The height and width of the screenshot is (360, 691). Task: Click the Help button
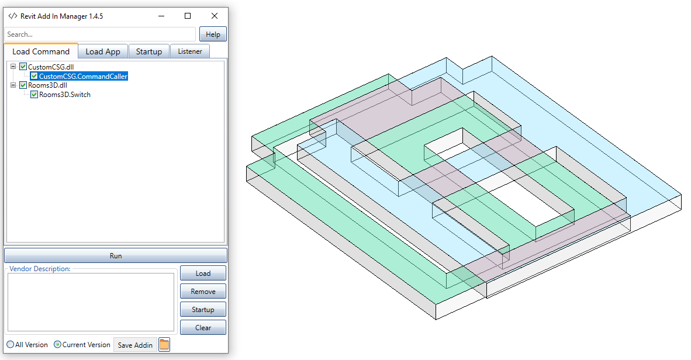pyautogui.click(x=213, y=34)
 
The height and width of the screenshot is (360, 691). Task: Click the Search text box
pyautogui.click(x=100, y=34)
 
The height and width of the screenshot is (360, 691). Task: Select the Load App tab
pyautogui.click(x=103, y=51)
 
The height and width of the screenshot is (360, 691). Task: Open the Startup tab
pyautogui.click(x=148, y=51)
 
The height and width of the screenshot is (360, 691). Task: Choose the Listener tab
pyautogui.click(x=190, y=51)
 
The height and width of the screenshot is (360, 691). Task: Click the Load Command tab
pyautogui.click(x=41, y=51)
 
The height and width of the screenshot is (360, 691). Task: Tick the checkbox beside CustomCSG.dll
pyautogui.click(x=23, y=67)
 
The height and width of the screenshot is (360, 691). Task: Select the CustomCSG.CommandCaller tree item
pyautogui.click(x=83, y=76)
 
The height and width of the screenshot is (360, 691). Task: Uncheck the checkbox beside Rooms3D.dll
pyautogui.click(x=23, y=85)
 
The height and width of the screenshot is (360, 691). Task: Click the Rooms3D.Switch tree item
pyautogui.click(x=65, y=95)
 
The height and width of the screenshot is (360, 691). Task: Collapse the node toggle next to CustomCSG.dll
pyautogui.click(x=13, y=67)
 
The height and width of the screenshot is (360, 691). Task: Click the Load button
pyautogui.click(x=203, y=273)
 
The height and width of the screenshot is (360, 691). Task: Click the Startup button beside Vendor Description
pyautogui.click(x=203, y=309)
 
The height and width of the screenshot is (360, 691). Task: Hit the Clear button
pyautogui.click(x=203, y=327)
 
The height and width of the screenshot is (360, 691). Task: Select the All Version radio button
pyautogui.click(x=11, y=345)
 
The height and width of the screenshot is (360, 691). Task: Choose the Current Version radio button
pyautogui.click(x=57, y=345)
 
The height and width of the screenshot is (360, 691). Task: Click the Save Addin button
pyautogui.click(x=135, y=345)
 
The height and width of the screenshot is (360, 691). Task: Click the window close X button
pyautogui.click(x=215, y=16)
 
